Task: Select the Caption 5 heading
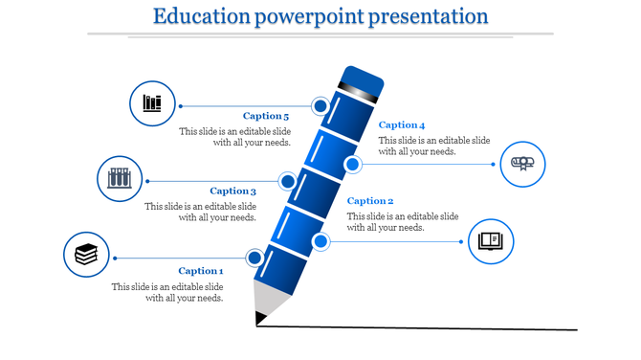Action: pos(266,117)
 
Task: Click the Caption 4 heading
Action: pos(402,125)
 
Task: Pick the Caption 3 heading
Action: pos(233,191)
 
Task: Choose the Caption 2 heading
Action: pos(370,201)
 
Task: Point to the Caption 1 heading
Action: pos(200,271)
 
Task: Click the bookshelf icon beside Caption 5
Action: pos(152,103)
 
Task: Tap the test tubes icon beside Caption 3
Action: pos(120,178)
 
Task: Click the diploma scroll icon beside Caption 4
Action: pos(523,164)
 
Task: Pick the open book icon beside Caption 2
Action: pos(491,239)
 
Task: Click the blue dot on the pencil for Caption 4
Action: pos(352,165)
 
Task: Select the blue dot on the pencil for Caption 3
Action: pos(287,181)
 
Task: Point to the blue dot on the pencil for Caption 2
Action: pos(320,240)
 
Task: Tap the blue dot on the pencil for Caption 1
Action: pos(254,258)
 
